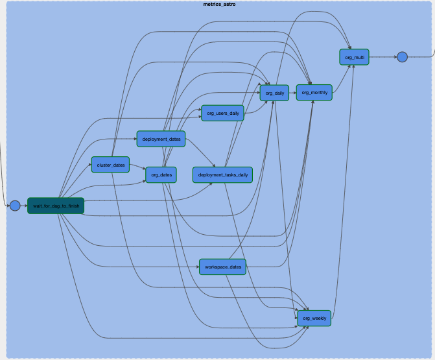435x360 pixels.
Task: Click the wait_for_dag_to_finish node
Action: [x=56, y=206]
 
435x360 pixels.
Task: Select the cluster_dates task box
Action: [x=110, y=165]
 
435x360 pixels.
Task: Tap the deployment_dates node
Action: [x=161, y=139]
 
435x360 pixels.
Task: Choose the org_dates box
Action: [x=161, y=174]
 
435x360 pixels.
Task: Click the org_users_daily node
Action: [x=222, y=113]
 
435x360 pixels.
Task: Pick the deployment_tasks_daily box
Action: [x=222, y=174]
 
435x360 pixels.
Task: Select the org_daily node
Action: [x=274, y=93]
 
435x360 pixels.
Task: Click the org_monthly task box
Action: [x=314, y=93]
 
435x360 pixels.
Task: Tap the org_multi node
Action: [x=354, y=57]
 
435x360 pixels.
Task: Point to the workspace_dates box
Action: [x=222, y=267]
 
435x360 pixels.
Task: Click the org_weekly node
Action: [x=314, y=318]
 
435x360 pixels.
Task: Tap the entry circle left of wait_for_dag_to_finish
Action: [x=15, y=206]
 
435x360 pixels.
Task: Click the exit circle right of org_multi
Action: [x=402, y=57]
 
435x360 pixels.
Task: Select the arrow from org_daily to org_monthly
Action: [x=292, y=93]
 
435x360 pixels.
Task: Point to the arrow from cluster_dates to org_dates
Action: [x=137, y=168]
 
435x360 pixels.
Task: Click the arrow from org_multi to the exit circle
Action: [x=382, y=57]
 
